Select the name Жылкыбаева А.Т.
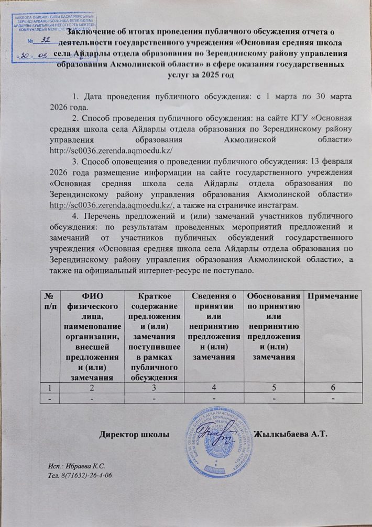(x=290, y=434)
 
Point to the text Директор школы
(x=135, y=434)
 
